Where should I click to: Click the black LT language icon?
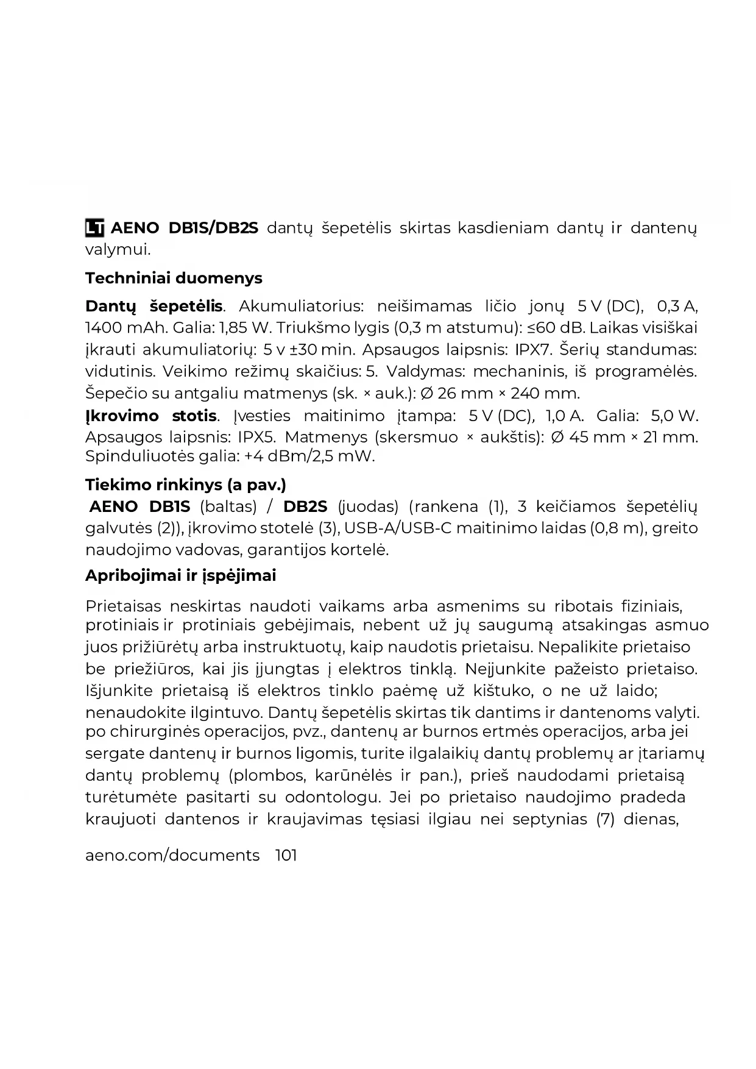point(94,228)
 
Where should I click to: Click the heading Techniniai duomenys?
point(174,278)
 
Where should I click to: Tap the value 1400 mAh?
point(125,328)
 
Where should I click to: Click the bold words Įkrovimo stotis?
point(151,416)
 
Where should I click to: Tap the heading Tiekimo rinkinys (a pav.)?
point(185,485)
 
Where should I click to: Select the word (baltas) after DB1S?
point(228,506)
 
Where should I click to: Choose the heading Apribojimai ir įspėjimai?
point(181,575)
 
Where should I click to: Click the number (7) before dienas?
point(605,819)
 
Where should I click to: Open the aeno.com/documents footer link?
point(172,855)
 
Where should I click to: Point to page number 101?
point(286,855)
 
